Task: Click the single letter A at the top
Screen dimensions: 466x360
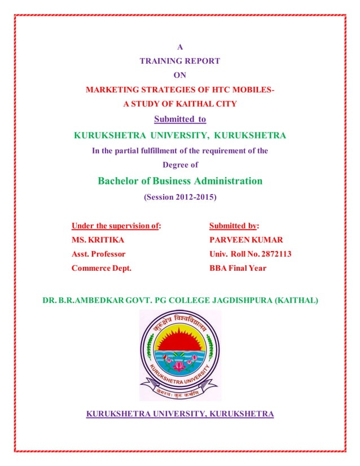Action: click(180, 47)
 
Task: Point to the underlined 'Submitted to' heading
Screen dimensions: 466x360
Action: click(180, 119)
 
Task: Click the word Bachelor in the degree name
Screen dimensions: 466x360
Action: click(118, 181)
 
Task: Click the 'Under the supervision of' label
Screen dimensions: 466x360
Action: click(116, 226)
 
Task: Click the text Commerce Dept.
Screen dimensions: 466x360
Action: click(101, 268)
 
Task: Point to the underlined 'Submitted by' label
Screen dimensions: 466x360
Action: click(234, 226)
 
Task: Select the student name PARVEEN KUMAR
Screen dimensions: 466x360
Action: click(245, 240)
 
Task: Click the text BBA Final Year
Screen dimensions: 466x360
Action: click(238, 268)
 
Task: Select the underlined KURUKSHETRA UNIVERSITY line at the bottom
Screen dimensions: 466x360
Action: click(180, 415)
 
